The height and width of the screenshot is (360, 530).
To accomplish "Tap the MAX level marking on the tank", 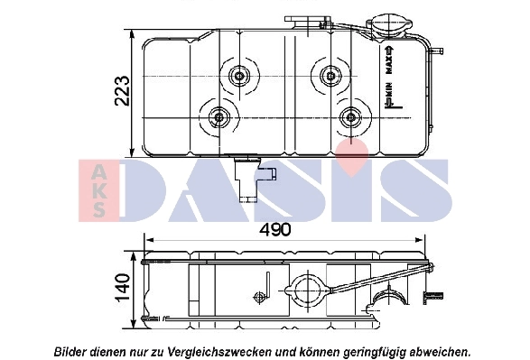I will coord(389,62).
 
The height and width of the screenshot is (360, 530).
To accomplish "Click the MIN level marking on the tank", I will coord(389,93).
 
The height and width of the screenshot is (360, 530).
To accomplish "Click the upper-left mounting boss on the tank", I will coord(241,76).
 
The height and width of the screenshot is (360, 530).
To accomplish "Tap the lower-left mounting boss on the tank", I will coord(219,117).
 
